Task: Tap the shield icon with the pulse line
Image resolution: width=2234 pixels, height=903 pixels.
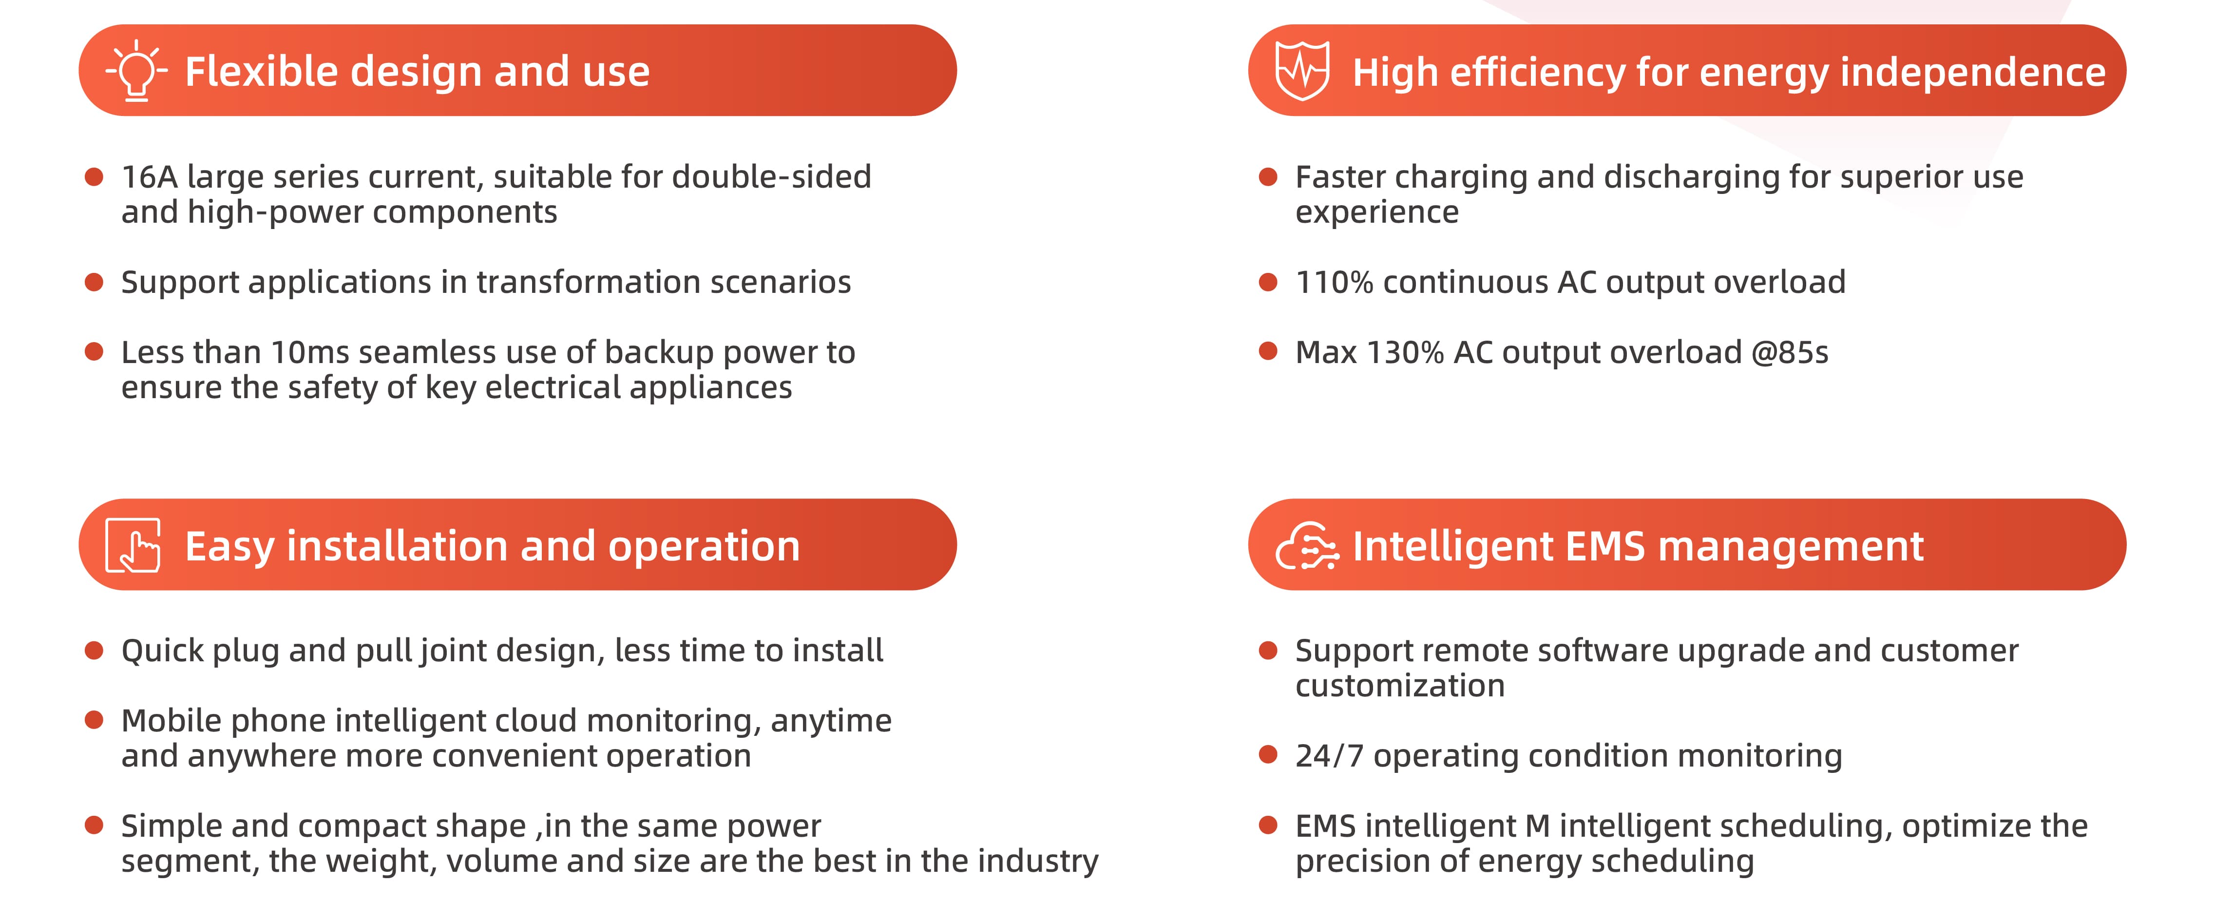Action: [1302, 70]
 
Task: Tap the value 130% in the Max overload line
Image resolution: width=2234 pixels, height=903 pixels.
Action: [1405, 352]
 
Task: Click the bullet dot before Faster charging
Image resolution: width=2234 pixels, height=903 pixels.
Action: [1268, 177]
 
